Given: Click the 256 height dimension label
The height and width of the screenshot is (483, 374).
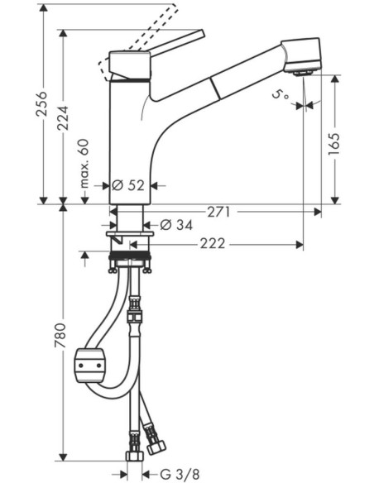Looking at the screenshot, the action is (x=42, y=104).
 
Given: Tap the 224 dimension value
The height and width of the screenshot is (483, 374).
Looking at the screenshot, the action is (x=63, y=118).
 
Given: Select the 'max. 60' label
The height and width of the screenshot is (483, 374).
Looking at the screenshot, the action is (x=84, y=164).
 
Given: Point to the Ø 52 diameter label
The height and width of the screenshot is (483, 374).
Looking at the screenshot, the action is (x=128, y=185).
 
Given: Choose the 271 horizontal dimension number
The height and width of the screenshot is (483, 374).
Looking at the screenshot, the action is (x=218, y=212).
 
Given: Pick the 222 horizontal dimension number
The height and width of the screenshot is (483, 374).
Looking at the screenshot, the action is (x=213, y=244).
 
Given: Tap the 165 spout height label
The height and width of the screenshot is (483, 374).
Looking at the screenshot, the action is (x=334, y=144).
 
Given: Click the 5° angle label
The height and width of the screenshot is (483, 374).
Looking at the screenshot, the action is (x=280, y=94).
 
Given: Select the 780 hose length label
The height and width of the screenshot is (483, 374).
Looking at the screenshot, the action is (x=60, y=336).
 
